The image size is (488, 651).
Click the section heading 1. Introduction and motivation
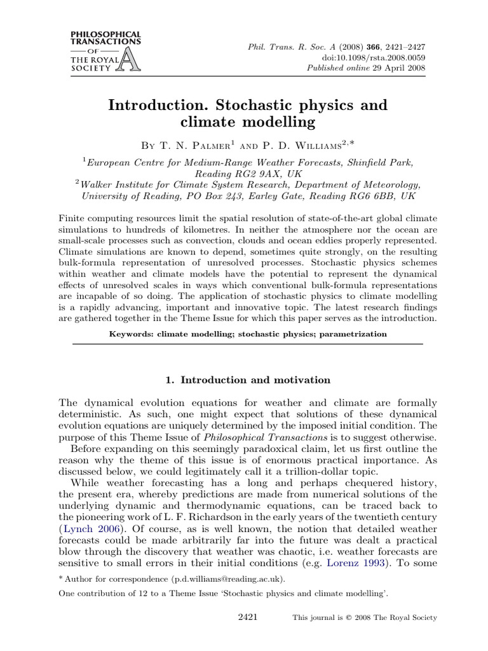tap(248, 380)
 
